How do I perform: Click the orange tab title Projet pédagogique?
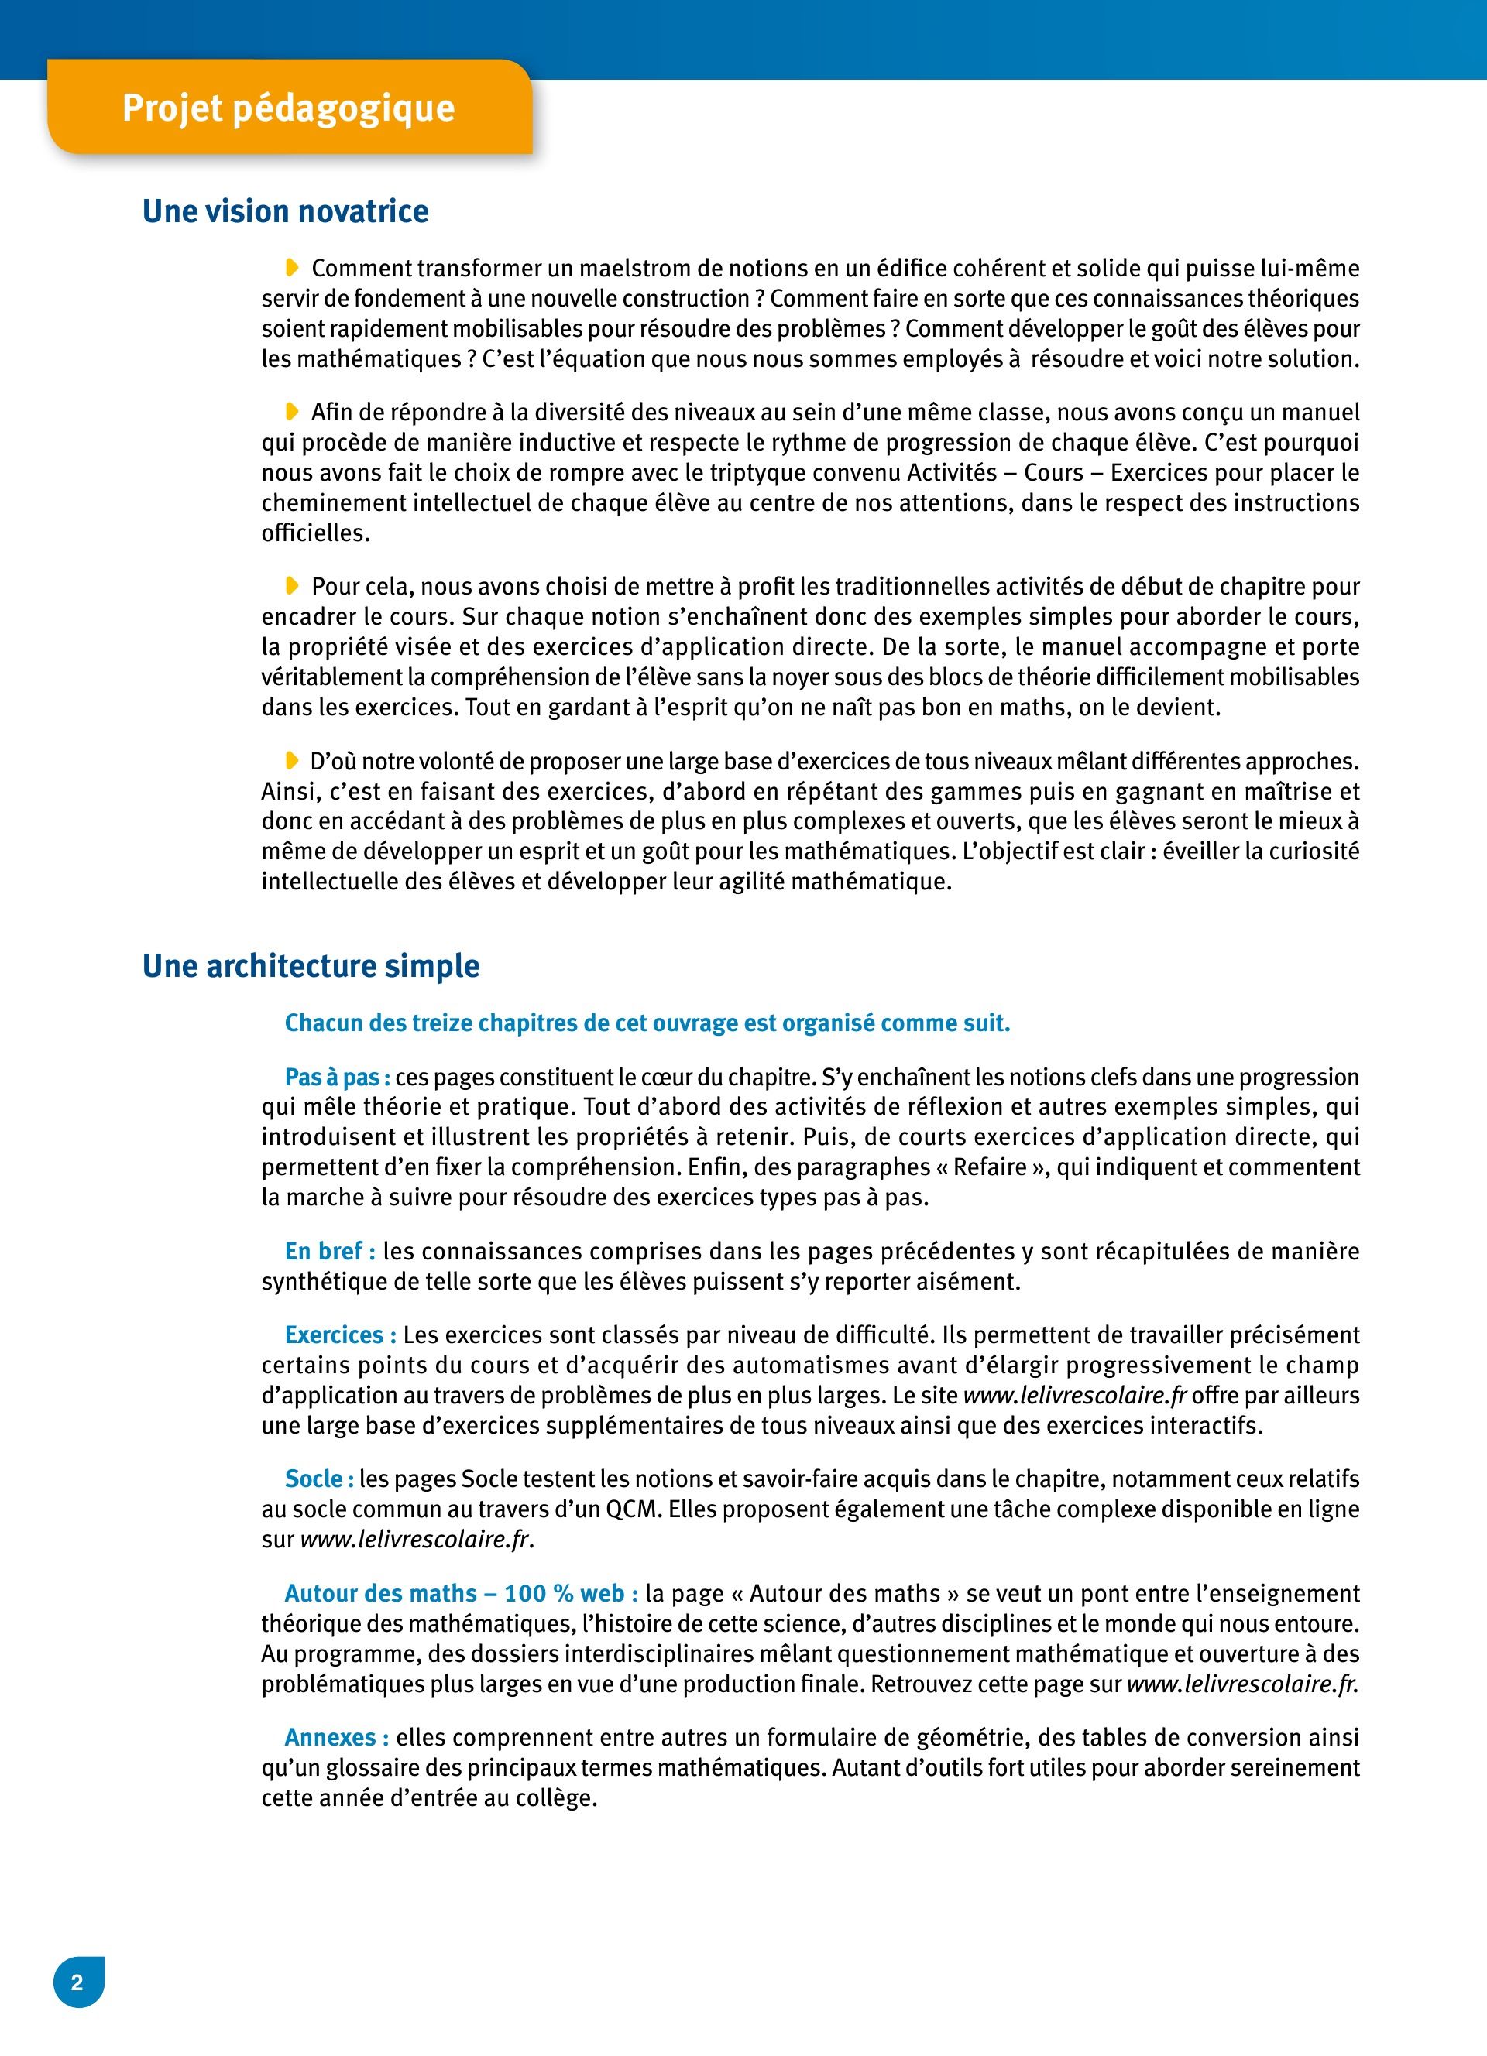coord(288,108)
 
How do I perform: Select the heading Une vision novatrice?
coord(285,211)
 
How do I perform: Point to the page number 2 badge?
coord(78,1982)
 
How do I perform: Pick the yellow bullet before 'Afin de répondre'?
coord(292,412)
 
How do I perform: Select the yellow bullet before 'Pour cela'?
coord(292,586)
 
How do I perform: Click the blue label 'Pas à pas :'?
coord(338,1077)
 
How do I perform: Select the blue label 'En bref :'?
coord(330,1251)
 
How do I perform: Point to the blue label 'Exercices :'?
coord(340,1335)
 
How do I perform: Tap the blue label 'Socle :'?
coord(319,1479)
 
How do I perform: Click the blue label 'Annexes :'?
coord(336,1737)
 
